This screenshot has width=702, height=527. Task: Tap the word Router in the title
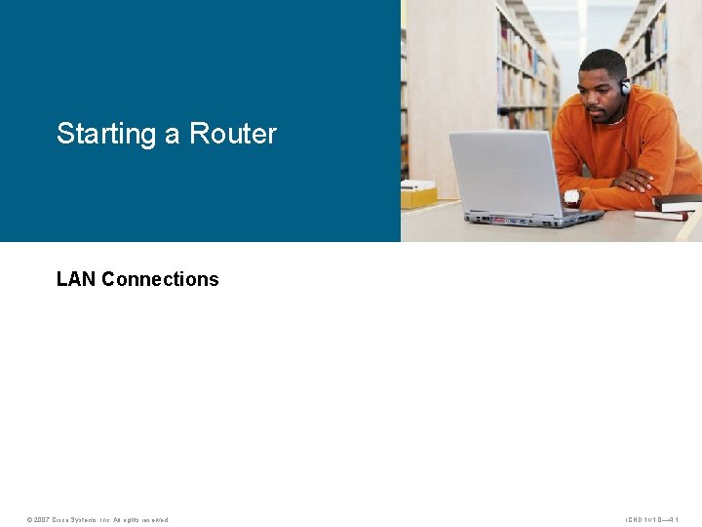(x=233, y=134)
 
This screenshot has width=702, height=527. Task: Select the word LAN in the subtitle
(x=76, y=279)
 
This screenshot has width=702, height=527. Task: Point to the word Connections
(x=160, y=279)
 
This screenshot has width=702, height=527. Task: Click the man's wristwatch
(x=571, y=197)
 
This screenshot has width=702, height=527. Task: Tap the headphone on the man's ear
(x=625, y=86)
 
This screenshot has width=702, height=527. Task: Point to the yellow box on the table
(x=419, y=197)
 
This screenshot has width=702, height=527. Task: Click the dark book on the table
(x=677, y=202)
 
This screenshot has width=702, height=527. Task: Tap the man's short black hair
(x=604, y=59)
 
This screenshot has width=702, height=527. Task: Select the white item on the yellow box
(x=418, y=184)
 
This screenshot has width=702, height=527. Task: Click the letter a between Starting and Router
(x=172, y=135)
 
